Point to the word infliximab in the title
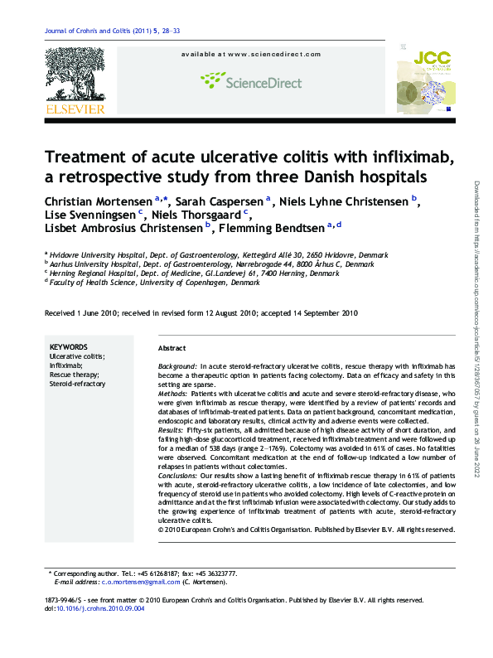(407, 157)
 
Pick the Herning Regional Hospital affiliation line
(195, 273)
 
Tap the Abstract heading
(172, 349)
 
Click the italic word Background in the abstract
(177, 365)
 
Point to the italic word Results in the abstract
(170, 431)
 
